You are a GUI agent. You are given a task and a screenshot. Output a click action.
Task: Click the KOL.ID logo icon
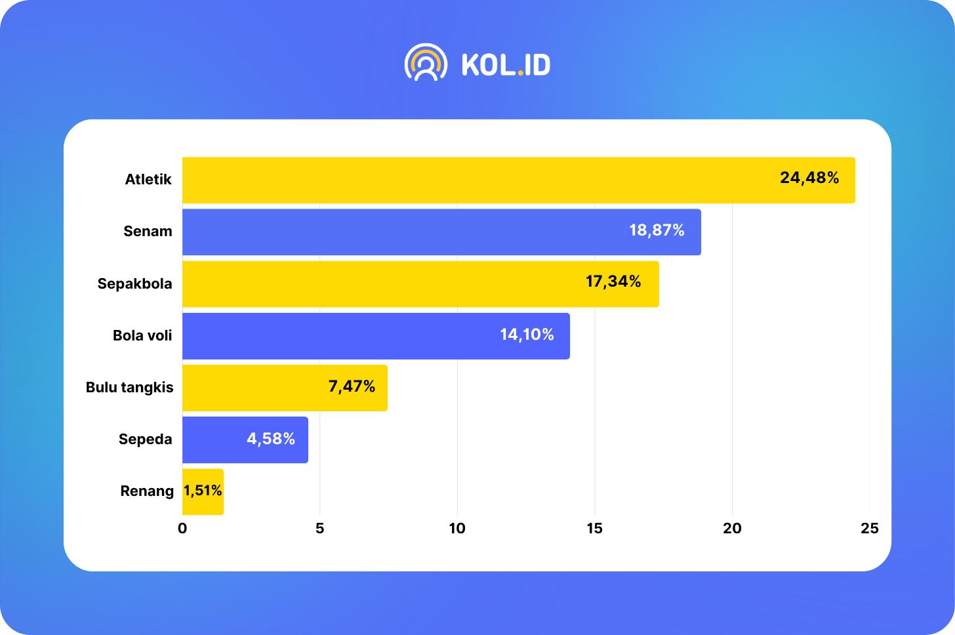(426, 63)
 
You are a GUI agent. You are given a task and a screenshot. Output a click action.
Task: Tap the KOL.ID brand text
(506, 64)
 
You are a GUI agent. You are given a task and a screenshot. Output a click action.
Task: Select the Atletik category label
(148, 179)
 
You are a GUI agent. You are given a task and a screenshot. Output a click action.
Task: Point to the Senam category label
(148, 231)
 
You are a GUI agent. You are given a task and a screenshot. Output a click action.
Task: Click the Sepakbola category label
(134, 283)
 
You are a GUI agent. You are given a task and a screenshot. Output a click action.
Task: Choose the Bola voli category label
(142, 335)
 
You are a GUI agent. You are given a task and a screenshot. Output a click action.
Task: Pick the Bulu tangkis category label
(129, 387)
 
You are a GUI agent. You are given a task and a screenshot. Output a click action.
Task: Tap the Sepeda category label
(145, 439)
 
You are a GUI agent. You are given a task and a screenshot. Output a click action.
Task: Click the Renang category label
(147, 491)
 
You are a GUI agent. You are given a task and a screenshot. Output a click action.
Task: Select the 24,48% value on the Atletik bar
(809, 178)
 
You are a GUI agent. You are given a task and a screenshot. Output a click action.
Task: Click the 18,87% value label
(657, 230)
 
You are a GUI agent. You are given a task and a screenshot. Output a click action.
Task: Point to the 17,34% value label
(613, 281)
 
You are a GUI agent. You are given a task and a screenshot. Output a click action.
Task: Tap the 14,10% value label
(527, 335)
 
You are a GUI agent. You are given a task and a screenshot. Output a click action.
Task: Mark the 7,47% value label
(352, 386)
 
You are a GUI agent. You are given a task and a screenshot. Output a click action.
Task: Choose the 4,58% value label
(271, 439)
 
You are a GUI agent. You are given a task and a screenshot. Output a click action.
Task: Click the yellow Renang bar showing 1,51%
(203, 491)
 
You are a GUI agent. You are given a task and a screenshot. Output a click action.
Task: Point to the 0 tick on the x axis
(182, 528)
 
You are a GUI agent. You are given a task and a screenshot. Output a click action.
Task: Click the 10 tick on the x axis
(457, 528)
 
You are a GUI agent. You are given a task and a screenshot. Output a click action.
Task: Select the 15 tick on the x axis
(594, 528)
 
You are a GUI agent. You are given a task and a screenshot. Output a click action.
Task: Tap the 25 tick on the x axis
(869, 528)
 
